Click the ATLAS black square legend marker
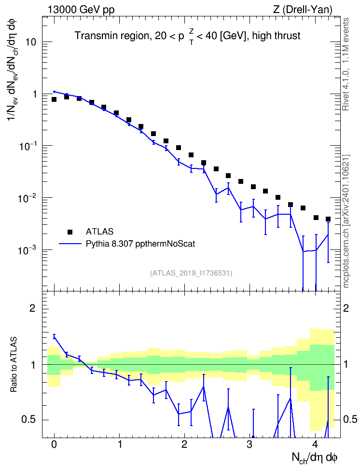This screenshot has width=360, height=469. (70, 232)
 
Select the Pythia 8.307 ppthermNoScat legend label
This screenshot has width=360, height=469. (140, 244)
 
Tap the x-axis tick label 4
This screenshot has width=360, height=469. (315, 444)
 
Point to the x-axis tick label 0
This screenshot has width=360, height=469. (54, 444)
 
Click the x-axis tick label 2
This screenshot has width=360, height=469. (184, 444)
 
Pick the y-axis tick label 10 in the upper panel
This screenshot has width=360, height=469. (31, 42)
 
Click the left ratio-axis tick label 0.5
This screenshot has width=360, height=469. (29, 420)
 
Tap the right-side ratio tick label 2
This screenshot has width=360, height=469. (346, 308)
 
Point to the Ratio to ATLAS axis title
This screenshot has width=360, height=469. (14, 365)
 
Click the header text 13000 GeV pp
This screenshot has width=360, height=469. (81, 10)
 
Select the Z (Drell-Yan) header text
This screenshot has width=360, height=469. (303, 10)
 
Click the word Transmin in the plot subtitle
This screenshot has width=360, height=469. (95, 36)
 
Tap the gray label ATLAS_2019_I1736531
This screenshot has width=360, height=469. (191, 273)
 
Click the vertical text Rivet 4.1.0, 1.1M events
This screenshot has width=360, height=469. (346, 64)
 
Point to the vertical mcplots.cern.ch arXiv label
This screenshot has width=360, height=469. (346, 221)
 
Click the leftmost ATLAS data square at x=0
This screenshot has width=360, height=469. (54, 99)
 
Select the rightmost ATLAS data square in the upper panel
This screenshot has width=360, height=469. (328, 219)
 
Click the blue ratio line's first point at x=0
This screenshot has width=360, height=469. (54, 337)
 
